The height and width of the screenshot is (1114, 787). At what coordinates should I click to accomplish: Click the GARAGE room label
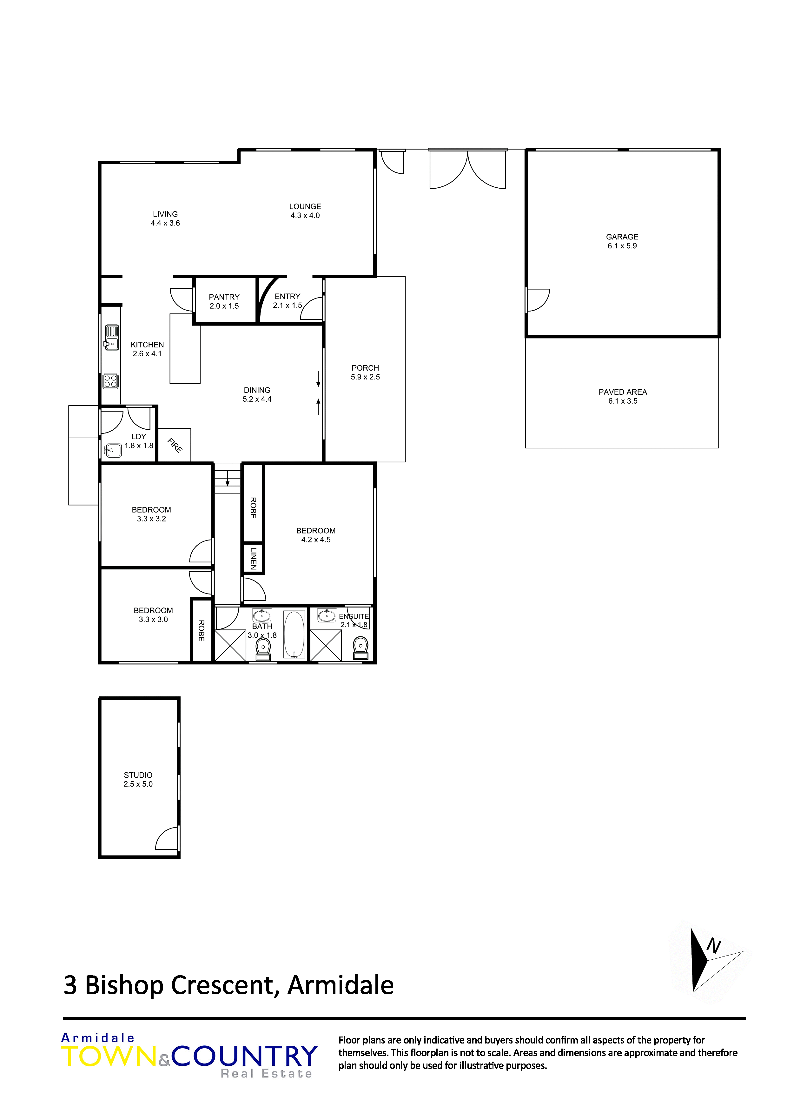pos(622,237)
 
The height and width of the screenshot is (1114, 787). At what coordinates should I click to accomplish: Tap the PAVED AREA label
pos(623,392)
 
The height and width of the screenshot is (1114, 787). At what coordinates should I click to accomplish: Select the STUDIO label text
pos(138,775)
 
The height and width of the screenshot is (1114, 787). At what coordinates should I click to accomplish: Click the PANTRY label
pos(224,297)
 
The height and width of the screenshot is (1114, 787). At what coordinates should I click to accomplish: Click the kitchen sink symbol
pos(112,337)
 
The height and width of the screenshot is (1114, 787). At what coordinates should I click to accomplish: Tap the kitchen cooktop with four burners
pos(110,381)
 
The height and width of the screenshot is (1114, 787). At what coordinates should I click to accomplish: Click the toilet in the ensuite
pos(361,648)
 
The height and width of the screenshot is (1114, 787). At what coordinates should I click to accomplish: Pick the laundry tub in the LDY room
pos(113,450)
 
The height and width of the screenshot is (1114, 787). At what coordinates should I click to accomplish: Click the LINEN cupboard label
pos(253,558)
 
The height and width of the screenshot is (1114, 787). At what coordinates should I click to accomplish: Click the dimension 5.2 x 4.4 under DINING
pos(257,399)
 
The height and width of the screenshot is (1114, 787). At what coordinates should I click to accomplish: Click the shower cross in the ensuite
pos(326,645)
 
